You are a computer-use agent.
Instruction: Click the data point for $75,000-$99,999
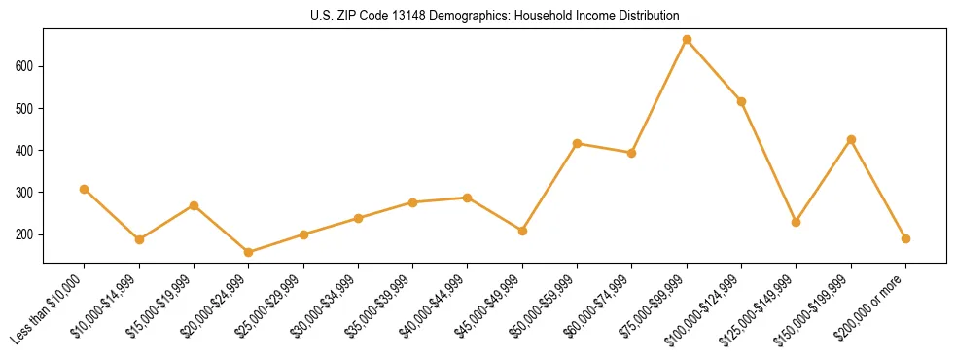687,40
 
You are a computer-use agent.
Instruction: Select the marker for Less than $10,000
85,189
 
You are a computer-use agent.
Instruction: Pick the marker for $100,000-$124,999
742,101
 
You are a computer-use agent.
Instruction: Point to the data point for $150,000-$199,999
851,139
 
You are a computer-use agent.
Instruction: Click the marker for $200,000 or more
905,238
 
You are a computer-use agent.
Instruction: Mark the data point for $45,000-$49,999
522,231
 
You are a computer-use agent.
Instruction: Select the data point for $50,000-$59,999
578,143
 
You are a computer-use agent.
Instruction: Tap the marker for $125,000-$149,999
797,222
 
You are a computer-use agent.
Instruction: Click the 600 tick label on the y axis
27,66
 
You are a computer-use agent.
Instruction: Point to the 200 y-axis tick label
27,234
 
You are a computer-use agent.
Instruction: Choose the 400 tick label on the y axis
27,151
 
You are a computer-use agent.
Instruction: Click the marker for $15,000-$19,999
194,205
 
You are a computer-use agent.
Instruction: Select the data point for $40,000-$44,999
468,198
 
